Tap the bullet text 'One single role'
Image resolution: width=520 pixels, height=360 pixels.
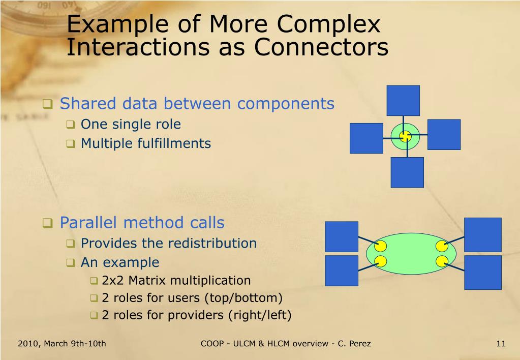click(131, 124)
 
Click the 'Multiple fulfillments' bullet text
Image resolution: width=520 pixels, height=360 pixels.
click(145, 143)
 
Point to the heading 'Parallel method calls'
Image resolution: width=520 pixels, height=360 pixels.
click(142, 222)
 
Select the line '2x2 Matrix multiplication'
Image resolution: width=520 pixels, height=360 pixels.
click(176, 280)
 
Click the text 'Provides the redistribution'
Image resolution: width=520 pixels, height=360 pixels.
click(169, 243)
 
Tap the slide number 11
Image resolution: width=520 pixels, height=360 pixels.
click(501, 343)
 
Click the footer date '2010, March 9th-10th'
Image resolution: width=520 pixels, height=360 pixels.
click(62, 343)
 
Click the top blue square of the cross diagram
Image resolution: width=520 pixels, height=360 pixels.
click(403, 101)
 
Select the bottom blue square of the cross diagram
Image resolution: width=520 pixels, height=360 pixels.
click(407, 172)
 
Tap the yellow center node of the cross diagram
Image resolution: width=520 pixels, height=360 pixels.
click(405, 136)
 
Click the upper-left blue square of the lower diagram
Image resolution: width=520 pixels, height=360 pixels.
click(342, 236)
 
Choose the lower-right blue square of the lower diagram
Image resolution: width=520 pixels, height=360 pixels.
click(482, 272)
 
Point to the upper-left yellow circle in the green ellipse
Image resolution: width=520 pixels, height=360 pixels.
click(381, 247)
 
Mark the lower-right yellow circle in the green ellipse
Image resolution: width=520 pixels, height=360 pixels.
click(441, 261)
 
